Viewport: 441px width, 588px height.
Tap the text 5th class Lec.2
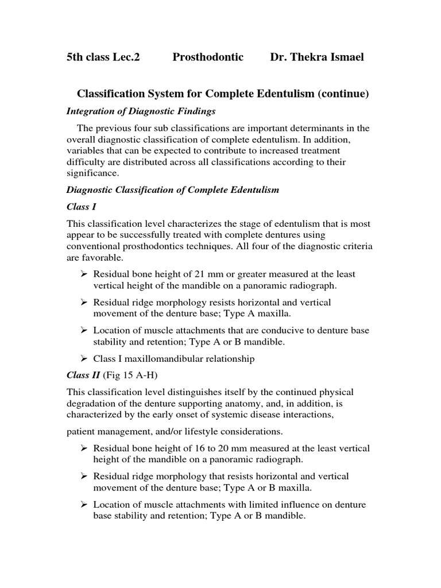[103, 57]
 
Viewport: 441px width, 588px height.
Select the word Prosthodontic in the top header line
[208, 57]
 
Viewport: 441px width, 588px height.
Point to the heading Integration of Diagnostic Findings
[141, 111]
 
